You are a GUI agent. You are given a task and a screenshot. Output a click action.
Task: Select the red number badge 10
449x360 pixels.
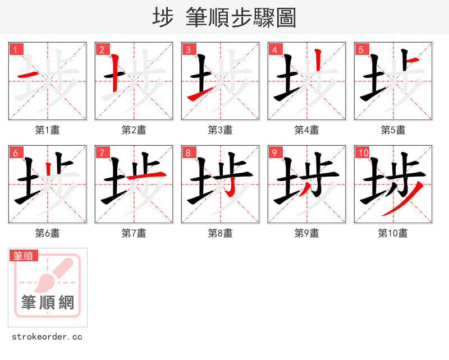[x=364, y=153]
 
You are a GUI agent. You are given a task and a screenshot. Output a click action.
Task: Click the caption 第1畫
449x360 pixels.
[x=48, y=130]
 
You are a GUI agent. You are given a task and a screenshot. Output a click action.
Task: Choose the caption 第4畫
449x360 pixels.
[x=307, y=130]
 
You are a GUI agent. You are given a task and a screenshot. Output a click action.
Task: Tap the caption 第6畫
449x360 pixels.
[x=48, y=233]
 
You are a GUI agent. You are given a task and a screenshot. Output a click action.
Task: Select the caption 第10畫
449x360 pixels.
[x=393, y=233]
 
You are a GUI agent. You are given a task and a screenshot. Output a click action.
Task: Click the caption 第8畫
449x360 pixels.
[x=221, y=233]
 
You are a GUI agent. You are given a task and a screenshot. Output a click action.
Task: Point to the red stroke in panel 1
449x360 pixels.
[x=28, y=75]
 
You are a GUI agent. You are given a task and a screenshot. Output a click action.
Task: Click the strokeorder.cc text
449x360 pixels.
[x=47, y=337]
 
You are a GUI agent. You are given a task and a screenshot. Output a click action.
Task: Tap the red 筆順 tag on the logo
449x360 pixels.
[x=24, y=256]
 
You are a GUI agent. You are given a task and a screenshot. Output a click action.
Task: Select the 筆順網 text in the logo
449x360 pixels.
[x=48, y=303]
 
